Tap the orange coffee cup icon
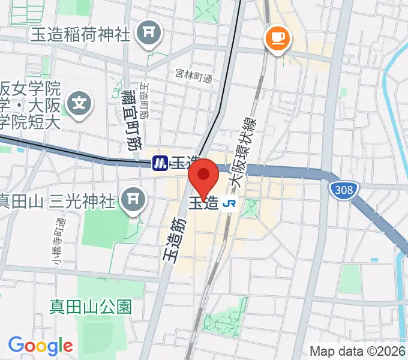pyautogui.click(x=277, y=39)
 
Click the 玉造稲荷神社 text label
pyautogui.click(x=80, y=34)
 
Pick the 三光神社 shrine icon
pyautogui.click(x=133, y=200)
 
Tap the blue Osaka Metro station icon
pyautogui.click(x=160, y=163)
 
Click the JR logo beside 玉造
pyautogui.click(x=229, y=203)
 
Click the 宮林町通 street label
pyautogui.click(x=194, y=76)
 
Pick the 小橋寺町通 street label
pyautogui.click(x=58, y=242)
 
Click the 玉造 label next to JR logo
pyautogui.click(x=204, y=203)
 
